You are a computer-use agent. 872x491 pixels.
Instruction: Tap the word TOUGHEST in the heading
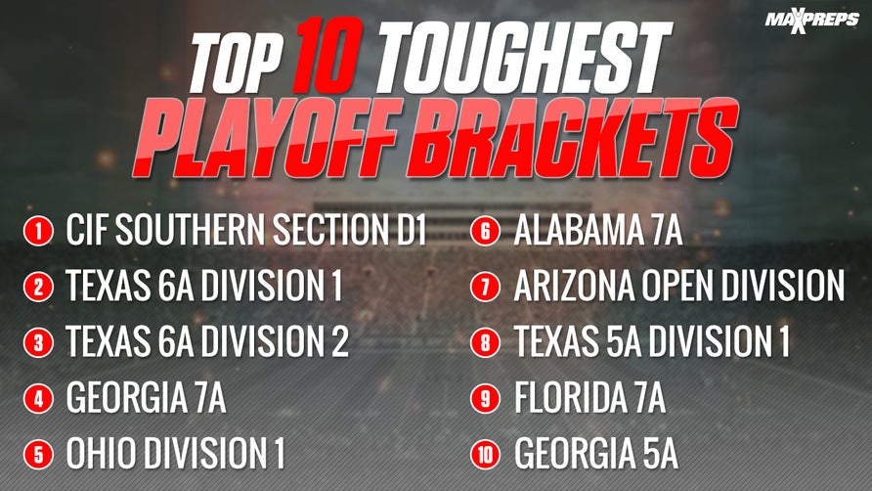point(521,49)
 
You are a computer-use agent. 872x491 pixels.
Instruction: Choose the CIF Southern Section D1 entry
point(246,232)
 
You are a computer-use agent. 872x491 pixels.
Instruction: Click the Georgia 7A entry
point(146,398)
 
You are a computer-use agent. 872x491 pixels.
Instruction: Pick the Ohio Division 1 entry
point(175,454)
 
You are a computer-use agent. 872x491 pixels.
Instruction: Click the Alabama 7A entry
point(597,232)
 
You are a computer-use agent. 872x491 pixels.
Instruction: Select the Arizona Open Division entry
point(678,287)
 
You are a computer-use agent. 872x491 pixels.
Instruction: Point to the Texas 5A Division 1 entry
point(651,342)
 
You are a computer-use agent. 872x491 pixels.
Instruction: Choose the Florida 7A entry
point(589,398)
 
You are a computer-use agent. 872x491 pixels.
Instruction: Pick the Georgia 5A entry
point(595,454)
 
